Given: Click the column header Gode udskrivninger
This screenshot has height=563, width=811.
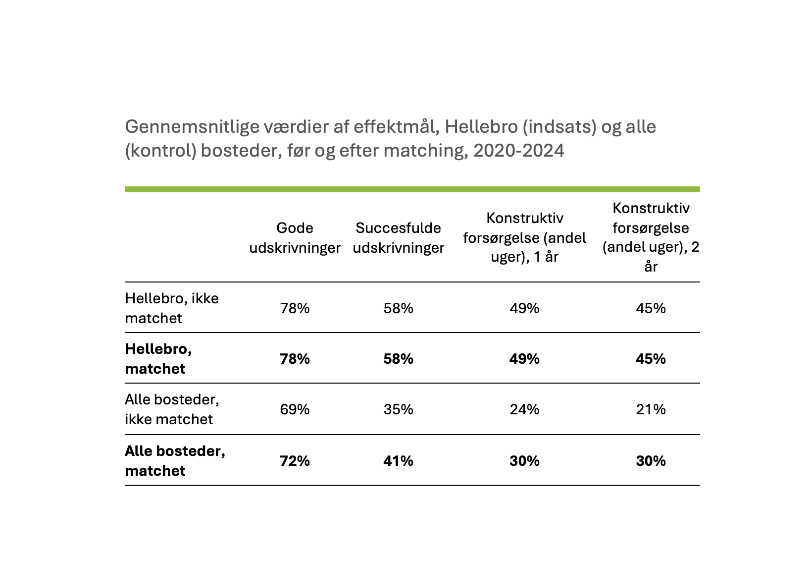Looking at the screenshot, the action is click(295, 238).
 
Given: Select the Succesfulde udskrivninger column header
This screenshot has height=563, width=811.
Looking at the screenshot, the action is click(398, 238).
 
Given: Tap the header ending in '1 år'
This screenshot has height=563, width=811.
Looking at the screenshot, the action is click(524, 237).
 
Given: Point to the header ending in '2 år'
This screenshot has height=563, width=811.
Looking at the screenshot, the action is click(651, 237).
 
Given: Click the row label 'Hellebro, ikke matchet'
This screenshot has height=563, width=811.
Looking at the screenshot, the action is click(172, 308).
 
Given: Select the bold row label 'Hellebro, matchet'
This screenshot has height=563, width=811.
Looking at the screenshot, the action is click(158, 359).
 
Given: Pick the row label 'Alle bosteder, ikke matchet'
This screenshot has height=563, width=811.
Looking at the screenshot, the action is click(172, 409).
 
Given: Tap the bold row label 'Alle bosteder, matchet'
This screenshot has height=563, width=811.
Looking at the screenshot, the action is click(175, 461).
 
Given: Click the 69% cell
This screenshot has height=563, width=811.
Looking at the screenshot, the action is click(295, 409).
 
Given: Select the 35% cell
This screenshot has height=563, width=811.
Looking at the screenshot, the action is click(398, 409).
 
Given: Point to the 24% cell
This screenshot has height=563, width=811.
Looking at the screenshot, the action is click(524, 409).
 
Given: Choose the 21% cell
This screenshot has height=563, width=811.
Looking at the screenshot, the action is click(651, 409).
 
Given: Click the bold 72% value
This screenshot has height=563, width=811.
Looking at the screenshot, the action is click(295, 461).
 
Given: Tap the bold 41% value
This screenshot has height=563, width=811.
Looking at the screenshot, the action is click(398, 461).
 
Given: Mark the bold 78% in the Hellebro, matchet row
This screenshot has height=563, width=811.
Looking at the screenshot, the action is click(295, 359).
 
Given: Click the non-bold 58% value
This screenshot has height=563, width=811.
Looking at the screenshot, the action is click(398, 308).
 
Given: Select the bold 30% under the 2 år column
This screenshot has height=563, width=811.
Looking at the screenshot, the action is click(651, 461).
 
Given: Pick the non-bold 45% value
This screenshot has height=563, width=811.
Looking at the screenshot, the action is click(651, 308).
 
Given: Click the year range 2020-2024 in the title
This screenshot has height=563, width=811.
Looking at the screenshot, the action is click(519, 150).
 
